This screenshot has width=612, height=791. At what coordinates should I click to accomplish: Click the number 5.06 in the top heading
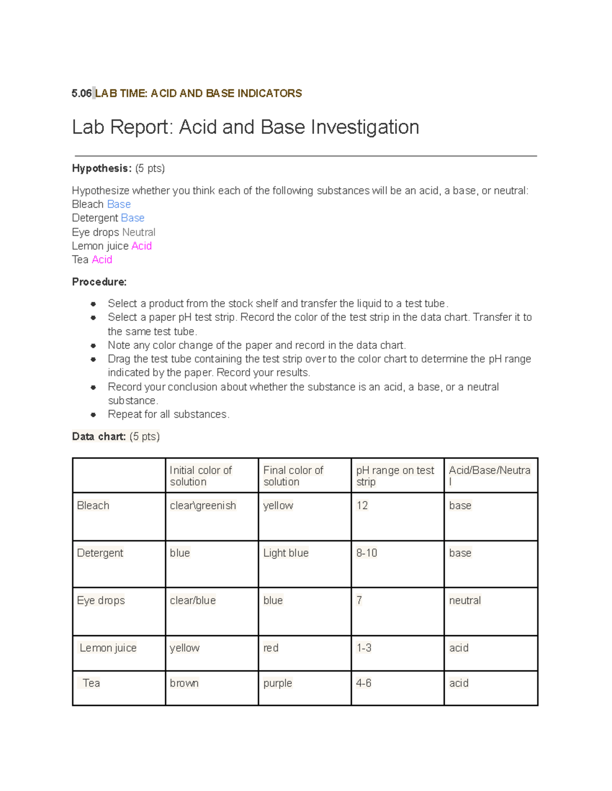(x=81, y=93)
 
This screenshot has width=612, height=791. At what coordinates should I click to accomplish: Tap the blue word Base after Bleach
(x=119, y=204)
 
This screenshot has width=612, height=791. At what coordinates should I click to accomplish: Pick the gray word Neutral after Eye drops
(x=139, y=232)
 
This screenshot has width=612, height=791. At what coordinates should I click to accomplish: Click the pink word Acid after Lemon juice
(x=141, y=246)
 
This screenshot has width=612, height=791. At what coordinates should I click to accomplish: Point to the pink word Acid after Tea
(x=102, y=260)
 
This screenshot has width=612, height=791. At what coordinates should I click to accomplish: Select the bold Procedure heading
(x=99, y=282)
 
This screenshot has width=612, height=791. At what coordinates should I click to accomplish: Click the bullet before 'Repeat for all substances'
(x=93, y=415)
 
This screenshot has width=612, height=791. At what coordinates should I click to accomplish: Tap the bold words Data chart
(x=98, y=437)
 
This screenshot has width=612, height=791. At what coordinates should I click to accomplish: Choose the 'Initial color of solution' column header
(x=200, y=476)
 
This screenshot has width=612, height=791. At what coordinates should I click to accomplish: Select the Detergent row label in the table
(x=100, y=553)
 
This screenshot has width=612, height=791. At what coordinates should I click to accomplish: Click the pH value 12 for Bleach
(x=362, y=506)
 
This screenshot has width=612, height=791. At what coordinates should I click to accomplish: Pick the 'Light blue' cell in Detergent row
(x=286, y=553)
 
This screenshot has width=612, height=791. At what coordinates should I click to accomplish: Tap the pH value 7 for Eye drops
(x=359, y=601)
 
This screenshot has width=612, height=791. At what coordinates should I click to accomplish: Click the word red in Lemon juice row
(x=271, y=648)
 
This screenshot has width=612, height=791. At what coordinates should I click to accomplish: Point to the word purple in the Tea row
(x=277, y=683)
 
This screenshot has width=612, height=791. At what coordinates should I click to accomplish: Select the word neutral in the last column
(x=465, y=601)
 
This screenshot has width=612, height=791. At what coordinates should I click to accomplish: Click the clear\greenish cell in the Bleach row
(x=202, y=506)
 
